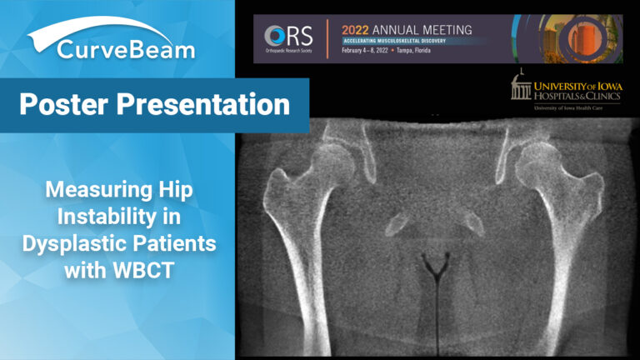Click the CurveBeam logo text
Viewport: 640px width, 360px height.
(x=126, y=50)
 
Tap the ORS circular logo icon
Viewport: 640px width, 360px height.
(x=275, y=37)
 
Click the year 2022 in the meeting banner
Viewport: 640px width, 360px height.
(x=357, y=28)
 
